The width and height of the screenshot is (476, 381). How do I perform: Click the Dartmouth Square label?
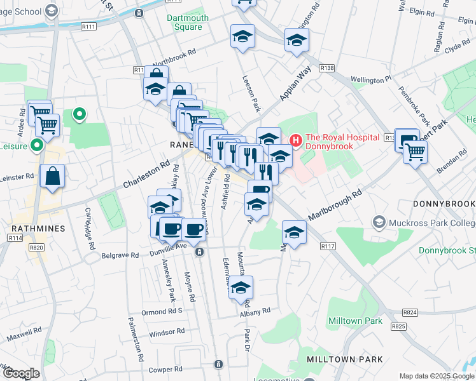click(188, 23)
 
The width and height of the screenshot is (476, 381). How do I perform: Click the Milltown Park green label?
click(355, 321)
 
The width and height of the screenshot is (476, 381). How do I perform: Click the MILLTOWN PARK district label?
click(345, 359)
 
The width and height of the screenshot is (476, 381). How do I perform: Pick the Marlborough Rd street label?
click(335, 204)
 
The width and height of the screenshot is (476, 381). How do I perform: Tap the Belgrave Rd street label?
click(120, 255)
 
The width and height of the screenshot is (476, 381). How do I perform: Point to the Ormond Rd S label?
click(162, 311)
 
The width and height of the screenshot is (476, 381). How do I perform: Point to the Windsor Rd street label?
click(167, 332)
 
